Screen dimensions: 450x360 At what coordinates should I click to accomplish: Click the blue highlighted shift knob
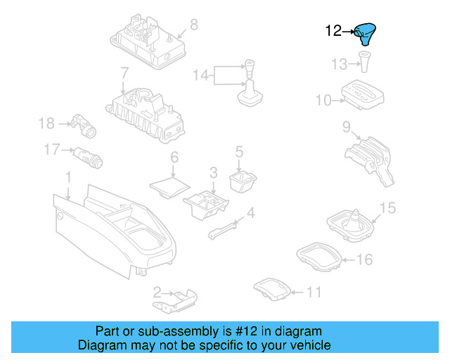[x=365, y=33]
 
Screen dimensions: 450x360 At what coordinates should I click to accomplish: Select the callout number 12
[x=333, y=31]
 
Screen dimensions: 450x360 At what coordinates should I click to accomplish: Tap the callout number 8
[x=194, y=25]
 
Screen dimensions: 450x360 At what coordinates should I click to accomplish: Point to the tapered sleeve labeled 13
[x=364, y=61]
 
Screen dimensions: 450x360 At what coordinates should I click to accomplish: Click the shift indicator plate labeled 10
[x=363, y=94]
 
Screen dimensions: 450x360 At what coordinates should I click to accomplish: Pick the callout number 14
[x=200, y=75]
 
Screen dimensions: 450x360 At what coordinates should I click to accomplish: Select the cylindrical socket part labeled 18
[x=84, y=126]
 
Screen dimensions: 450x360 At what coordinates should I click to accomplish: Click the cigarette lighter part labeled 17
[x=89, y=158]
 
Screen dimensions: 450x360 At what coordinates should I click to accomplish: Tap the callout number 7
[x=124, y=73]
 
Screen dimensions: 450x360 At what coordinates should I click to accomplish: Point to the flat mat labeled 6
[x=170, y=187]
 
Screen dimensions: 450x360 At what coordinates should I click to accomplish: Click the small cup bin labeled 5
[x=243, y=181]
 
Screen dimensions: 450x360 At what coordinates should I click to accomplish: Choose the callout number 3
[x=213, y=172]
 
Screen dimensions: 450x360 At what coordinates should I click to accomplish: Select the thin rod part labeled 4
[x=222, y=231]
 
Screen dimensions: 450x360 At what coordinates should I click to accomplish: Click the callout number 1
[x=68, y=177]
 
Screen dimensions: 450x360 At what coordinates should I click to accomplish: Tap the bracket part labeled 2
[x=175, y=301]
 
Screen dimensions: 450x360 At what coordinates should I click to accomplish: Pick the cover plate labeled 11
[x=272, y=288]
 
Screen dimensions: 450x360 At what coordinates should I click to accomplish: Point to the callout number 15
[x=387, y=208]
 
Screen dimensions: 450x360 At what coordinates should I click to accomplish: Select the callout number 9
[x=347, y=127]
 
